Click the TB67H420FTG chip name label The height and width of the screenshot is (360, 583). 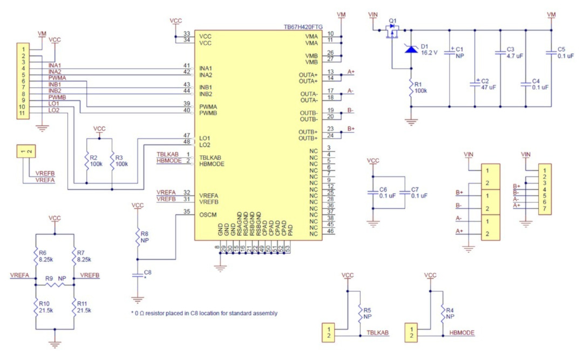tap(303, 27)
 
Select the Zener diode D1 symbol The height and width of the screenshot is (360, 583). tap(411, 49)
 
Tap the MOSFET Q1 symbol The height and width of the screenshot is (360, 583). tap(391, 31)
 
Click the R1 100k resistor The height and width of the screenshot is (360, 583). tap(411, 88)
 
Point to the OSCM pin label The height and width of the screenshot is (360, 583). tap(208, 215)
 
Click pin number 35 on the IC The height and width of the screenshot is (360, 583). tap(187, 212)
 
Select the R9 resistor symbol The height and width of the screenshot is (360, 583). tap(55, 285)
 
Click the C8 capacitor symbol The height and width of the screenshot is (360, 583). tap(138, 275)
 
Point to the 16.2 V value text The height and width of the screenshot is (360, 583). tap(429, 53)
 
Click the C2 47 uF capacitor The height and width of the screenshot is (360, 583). tap(475, 84)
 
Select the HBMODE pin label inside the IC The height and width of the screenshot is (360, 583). tap(212, 164)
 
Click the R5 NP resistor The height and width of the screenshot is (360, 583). tap(360, 314)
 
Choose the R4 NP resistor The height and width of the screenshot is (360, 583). tap(443, 314)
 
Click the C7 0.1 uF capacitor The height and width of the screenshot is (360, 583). tap(404, 193)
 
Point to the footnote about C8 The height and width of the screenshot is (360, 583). tap(204, 313)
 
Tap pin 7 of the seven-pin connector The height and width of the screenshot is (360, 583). tap(544, 209)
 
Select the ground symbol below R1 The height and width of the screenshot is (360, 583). tap(411, 122)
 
